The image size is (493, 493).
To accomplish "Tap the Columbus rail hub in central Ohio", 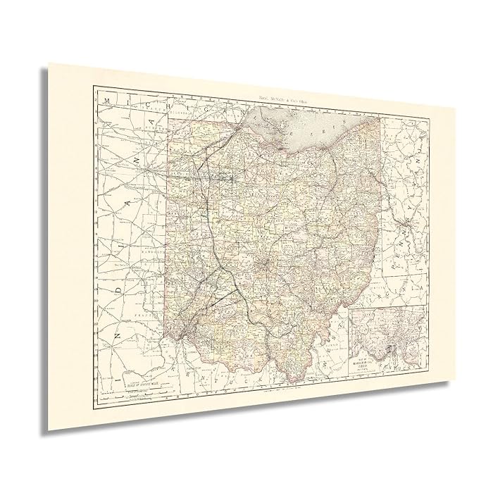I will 264,266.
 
